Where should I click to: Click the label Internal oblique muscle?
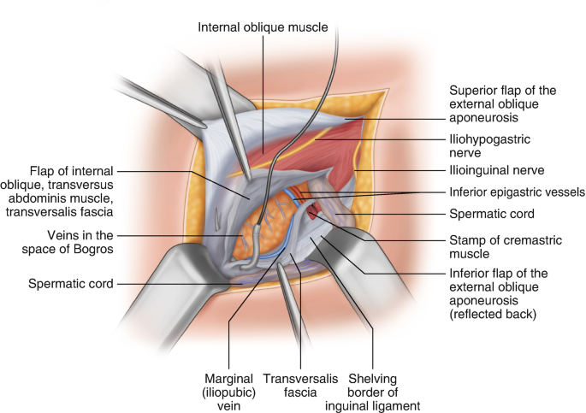[x=263, y=27]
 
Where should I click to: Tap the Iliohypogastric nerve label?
[x=489, y=146]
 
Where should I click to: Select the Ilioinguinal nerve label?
[x=497, y=170]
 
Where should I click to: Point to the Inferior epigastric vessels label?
[x=517, y=192]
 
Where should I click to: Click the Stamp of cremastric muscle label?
[x=506, y=247]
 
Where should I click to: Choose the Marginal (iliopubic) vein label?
[x=228, y=392]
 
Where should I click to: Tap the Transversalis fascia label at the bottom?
[x=300, y=386]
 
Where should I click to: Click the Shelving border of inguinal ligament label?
[x=373, y=392]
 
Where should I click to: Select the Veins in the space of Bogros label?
[x=68, y=242]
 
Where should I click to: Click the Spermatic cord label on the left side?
[x=71, y=284]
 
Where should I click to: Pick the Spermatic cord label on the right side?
[x=492, y=214]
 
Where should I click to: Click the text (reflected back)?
[x=493, y=314]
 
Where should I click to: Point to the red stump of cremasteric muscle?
[x=312, y=214]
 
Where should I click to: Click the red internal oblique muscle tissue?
[x=299, y=145]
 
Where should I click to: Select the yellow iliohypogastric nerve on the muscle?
[x=281, y=152]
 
